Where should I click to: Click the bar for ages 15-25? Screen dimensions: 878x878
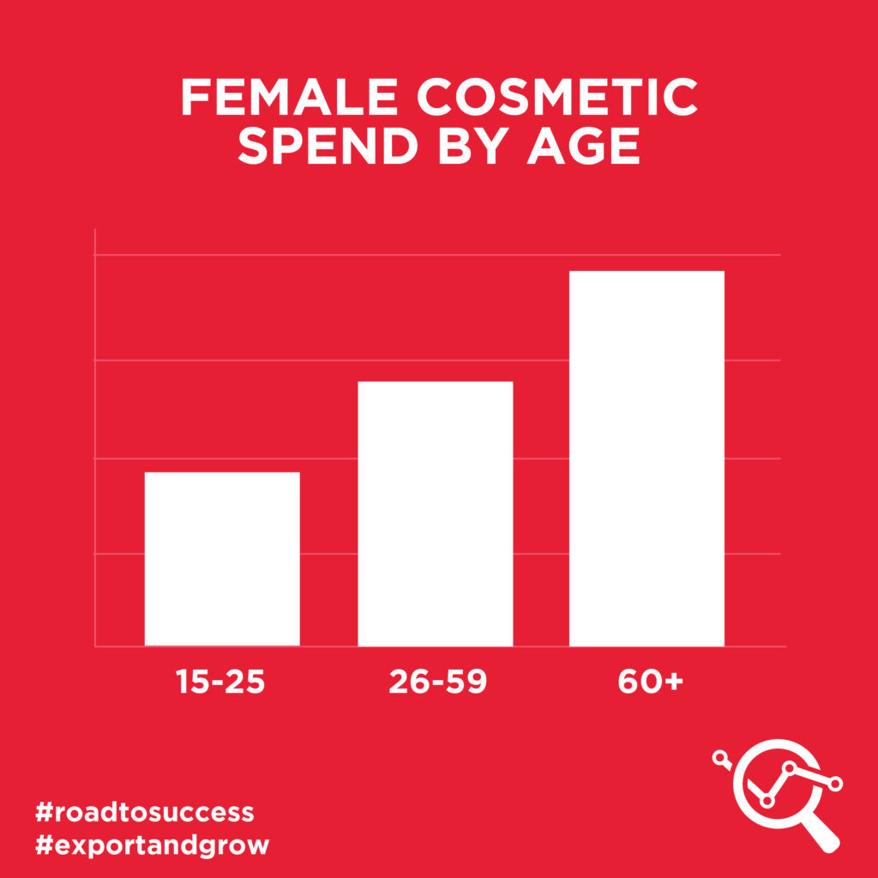pos(222,559)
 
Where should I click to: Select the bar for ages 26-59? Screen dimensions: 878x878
pos(436,514)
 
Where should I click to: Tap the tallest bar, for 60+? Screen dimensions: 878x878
pos(646,459)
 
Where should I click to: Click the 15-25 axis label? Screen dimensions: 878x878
pos(220,682)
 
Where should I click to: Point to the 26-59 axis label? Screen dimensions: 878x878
pos(438,682)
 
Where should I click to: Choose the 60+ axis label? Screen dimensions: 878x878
pos(651,682)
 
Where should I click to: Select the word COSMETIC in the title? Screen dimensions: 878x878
pos(557,97)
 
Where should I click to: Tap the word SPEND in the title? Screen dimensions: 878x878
pos(328,146)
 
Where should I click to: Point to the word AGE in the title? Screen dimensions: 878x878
pos(583,146)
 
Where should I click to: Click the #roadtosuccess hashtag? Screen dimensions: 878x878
pos(144,812)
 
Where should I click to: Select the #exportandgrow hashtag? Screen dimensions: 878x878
pos(152,845)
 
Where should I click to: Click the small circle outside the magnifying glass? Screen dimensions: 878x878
pos(719,758)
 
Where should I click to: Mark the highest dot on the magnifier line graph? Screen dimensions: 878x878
pos(790,767)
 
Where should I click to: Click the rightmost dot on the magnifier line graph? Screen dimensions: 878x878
pos(835,784)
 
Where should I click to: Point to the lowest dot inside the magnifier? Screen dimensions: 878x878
pos(767,802)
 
